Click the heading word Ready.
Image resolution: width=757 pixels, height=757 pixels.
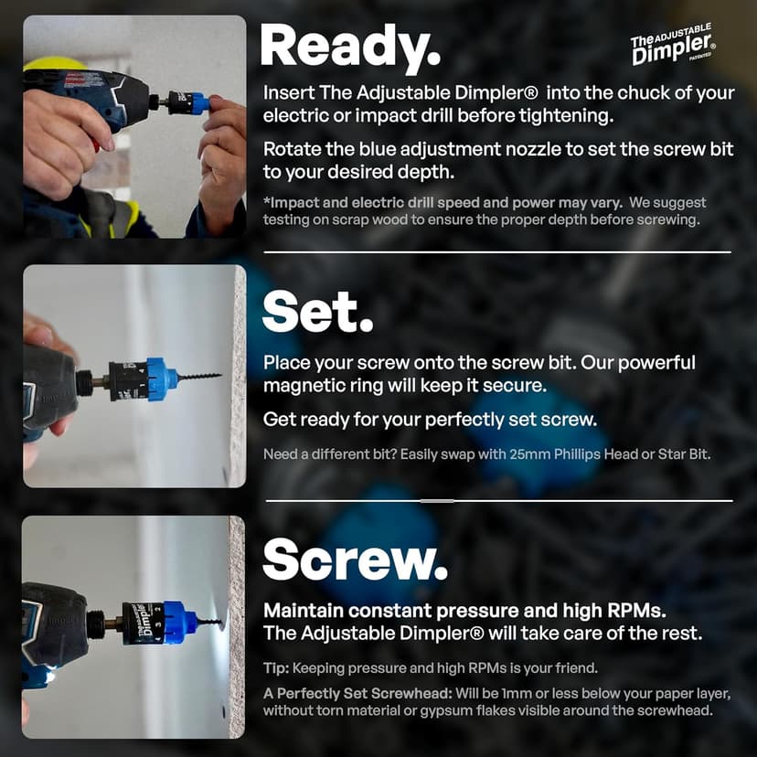coord(350,48)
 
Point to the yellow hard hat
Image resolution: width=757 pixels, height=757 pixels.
coord(54,64)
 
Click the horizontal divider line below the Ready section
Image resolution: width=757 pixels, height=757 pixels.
coord(497,251)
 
